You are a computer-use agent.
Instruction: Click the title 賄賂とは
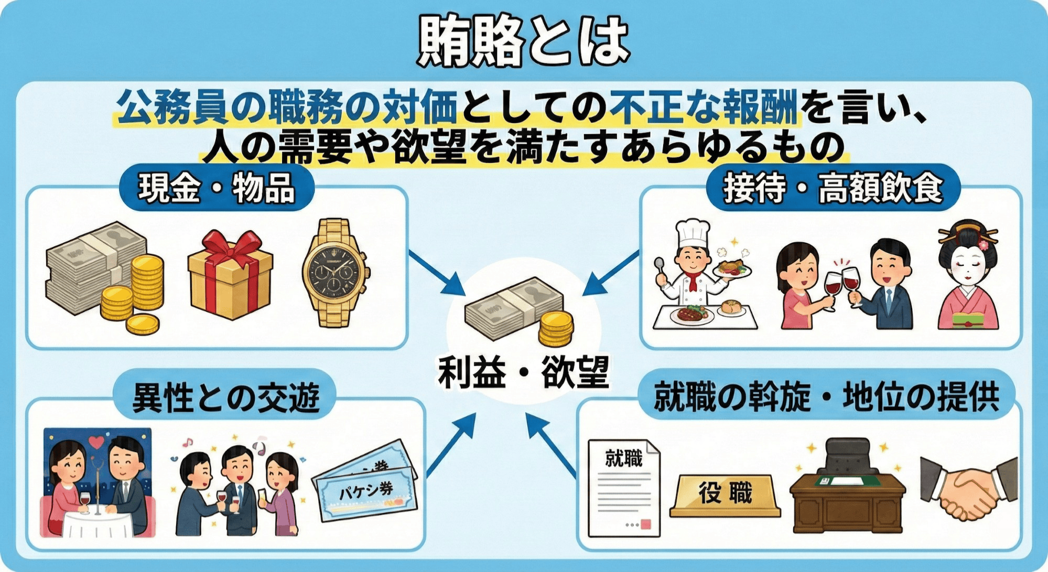(x=523, y=41)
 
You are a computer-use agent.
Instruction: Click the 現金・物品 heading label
(x=217, y=188)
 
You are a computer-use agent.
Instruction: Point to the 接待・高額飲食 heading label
(x=833, y=188)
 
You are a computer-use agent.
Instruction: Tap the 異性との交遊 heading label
(x=225, y=397)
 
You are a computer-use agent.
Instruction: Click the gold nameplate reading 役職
(x=725, y=494)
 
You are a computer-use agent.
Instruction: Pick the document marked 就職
(x=623, y=488)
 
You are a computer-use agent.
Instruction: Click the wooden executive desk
(x=847, y=498)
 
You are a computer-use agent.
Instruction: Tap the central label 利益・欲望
(x=523, y=372)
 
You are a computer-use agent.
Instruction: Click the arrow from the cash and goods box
(x=436, y=273)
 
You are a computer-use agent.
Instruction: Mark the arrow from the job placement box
(x=550, y=443)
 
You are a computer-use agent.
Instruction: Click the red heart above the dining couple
(x=96, y=442)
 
